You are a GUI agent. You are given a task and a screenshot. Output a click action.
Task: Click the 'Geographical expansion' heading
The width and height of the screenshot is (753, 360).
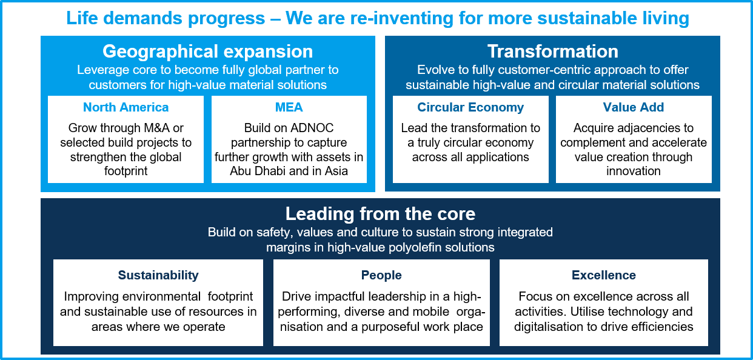click(208, 52)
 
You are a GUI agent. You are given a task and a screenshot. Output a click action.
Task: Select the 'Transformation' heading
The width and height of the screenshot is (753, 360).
click(553, 52)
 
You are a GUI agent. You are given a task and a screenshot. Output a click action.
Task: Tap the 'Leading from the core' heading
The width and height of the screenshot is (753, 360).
click(380, 214)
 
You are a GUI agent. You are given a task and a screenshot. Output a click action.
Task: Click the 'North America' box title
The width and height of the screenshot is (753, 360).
click(125, 107)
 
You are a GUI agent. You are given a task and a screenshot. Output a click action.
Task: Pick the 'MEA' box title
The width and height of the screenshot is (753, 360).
click(289, 107)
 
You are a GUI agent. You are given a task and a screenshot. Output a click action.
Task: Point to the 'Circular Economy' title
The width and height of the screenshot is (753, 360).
click(470, 107)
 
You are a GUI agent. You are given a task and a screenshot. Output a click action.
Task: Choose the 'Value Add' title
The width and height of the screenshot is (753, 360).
click(634, 107)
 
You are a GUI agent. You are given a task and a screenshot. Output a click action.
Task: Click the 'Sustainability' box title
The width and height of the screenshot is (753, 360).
click(158, 275)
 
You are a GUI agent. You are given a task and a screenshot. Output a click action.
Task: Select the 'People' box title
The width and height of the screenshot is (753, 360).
click(381, 275)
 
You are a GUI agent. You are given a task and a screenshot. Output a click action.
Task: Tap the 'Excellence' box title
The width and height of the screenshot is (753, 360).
click(604, 275)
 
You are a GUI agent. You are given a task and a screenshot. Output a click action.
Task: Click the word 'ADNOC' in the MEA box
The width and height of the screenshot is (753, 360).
click(312, 128)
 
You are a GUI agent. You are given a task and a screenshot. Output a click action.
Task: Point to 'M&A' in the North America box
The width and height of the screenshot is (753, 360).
click(156, 128)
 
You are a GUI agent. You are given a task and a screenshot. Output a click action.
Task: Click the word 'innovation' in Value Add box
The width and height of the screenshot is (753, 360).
click(634, 171)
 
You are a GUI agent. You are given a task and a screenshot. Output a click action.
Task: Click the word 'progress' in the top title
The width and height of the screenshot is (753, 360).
click(226, 19)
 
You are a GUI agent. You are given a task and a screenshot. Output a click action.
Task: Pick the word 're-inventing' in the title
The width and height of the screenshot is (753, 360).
click(402, 18)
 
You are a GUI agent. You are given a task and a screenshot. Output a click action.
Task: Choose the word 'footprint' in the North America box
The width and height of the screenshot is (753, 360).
click(125, 172)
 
